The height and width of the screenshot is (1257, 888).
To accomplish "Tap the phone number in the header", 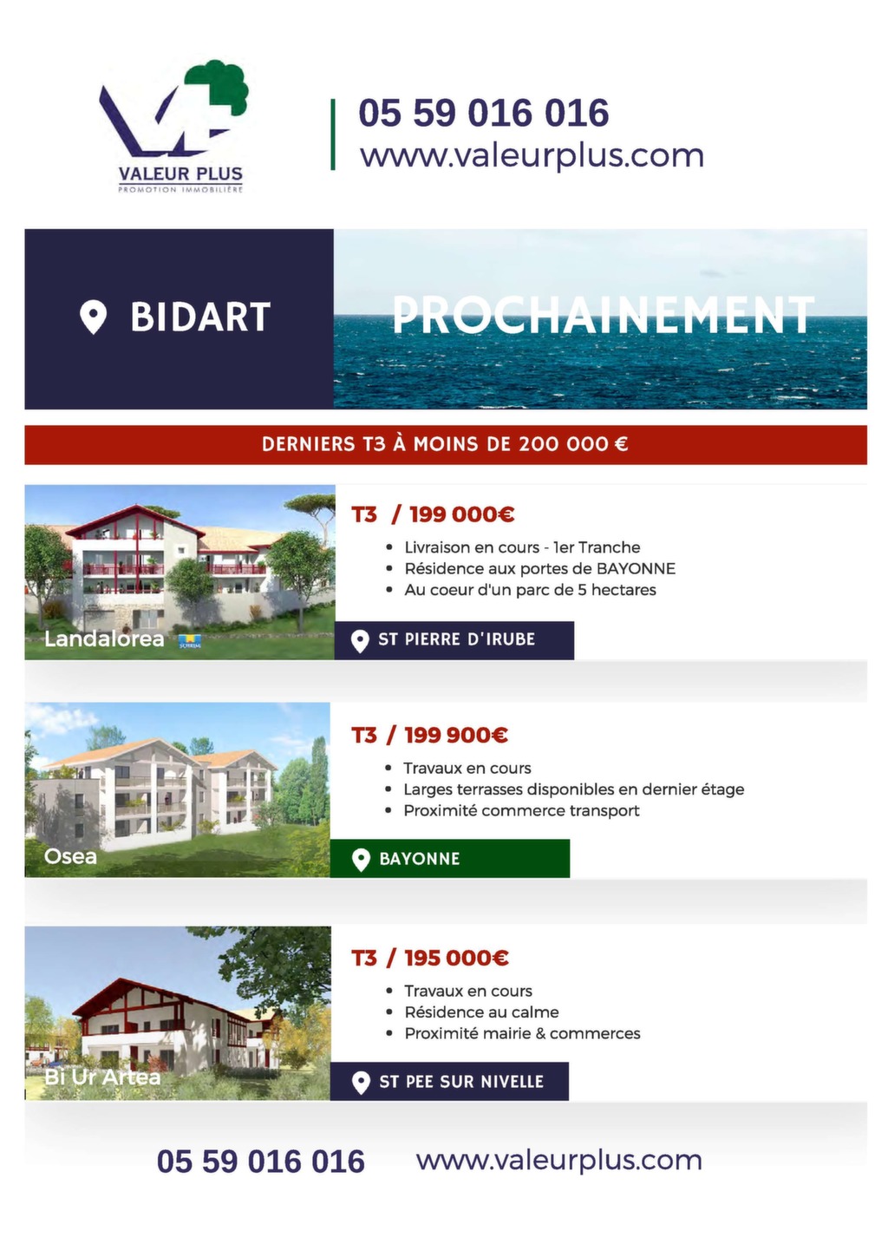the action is (x=484, y=113).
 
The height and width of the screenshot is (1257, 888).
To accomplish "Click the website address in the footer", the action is (x=558, y=1159).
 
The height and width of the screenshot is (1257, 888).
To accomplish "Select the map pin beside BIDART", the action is (x=93, y=317).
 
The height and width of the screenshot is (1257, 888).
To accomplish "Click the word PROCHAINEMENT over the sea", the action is (x=603, y=315).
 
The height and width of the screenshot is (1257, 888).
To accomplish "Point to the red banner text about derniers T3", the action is (x=445, y=444).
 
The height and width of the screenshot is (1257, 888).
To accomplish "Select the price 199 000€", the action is (x=461, y=514).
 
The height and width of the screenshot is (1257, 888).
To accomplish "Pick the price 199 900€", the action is (x=456, y=735).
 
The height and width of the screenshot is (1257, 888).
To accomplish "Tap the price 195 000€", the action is (x=457, y=958).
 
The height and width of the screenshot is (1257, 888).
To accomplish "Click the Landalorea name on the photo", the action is (x=104, y=638).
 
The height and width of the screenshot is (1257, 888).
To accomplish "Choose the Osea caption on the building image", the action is (x=71, y=856).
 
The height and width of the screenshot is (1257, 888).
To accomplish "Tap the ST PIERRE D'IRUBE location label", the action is (x=454, y=640).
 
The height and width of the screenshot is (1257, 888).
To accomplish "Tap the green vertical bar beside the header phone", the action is (x=333, y=134).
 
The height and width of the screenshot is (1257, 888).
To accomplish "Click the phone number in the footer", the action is (x=261, y=1161).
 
